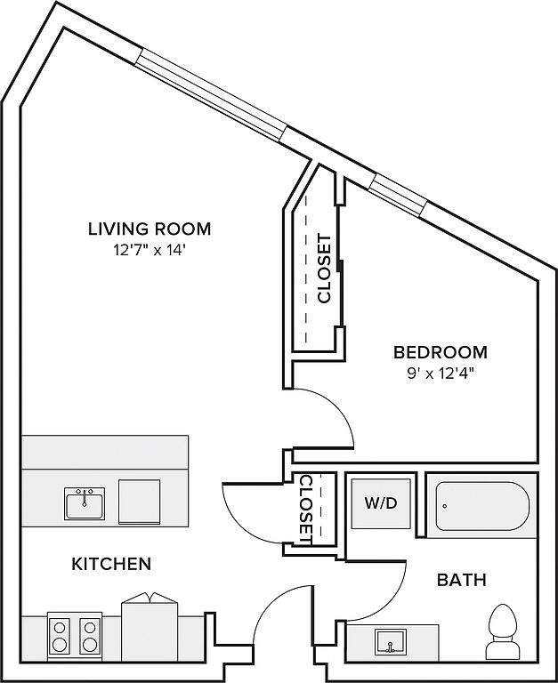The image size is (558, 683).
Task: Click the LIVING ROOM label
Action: [x=150, y=229]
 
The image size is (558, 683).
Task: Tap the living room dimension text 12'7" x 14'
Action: [x=150, y=251]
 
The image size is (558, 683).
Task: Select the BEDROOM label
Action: [x=441, y=352]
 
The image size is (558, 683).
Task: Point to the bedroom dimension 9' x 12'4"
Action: [x=441, y=374]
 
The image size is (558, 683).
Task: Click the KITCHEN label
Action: [x=111, y=564]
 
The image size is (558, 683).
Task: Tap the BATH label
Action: [x=462, y=580]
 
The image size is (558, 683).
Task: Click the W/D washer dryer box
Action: [x=381, y=503]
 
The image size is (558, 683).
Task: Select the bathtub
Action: [x=482, y=506]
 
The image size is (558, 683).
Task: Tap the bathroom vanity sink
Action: [x=390, y=641]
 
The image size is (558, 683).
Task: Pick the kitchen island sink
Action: [x=85, y=503]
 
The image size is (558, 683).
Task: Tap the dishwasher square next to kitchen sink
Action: [x=139, y=502]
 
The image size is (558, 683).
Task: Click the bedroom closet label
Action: [x=325, y=269]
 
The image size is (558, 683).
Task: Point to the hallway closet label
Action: [x=306, y=510]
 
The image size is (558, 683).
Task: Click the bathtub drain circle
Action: [x=445, y=506]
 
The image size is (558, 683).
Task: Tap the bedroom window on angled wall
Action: [x=399, y=195]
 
